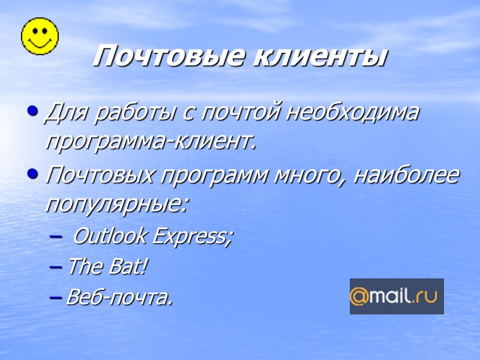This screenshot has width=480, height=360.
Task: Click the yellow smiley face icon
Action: [x=40, y=35]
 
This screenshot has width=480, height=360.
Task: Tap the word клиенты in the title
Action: [x=319, y=57]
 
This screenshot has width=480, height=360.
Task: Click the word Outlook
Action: [x=109, y=236]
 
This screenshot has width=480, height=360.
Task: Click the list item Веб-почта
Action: [x=119, y=296]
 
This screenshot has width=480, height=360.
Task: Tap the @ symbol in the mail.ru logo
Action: [x=359, y=296]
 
